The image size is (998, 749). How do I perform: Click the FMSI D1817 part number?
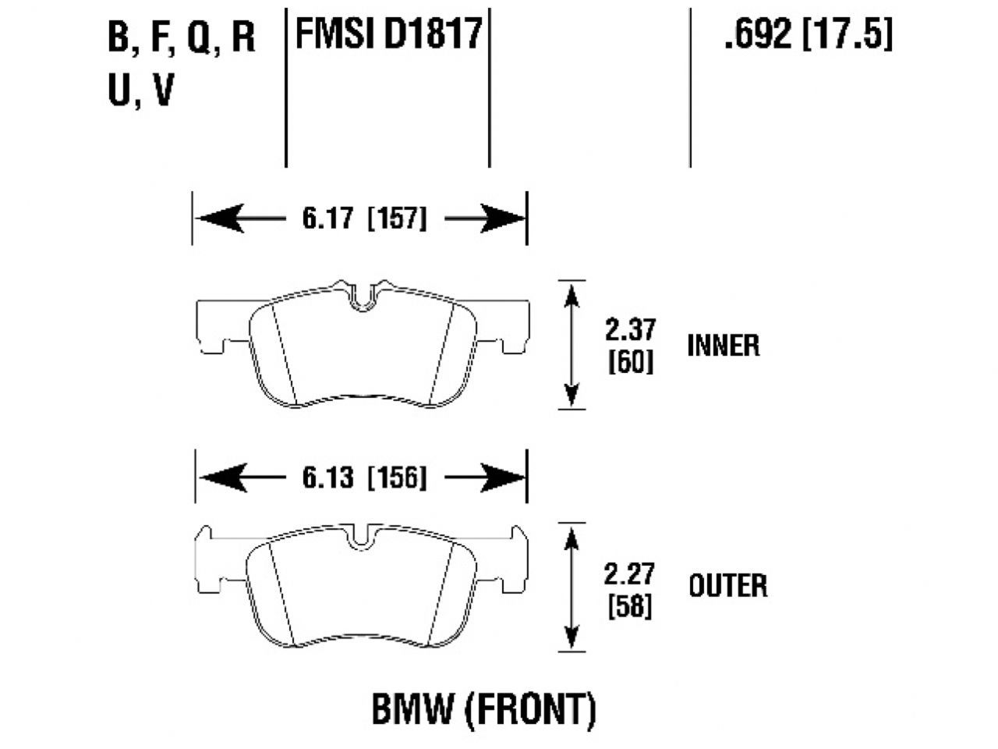(388, 35)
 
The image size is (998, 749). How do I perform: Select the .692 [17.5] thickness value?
(808, 35)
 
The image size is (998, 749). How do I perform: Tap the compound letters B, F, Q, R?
(181, 37)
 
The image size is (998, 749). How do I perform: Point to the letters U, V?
(140, 91)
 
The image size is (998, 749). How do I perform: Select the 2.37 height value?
(630, 329)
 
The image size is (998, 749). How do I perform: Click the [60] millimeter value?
(630, 361)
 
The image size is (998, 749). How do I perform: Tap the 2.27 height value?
(628, 574)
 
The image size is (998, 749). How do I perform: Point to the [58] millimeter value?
(629, 606)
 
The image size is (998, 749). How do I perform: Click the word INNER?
(723, 346)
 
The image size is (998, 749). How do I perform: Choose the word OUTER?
(727, 585)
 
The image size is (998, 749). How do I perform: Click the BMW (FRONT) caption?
(483, 709)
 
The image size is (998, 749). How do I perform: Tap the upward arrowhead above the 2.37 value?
(573, 296)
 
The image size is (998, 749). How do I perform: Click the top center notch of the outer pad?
(360, 538)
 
